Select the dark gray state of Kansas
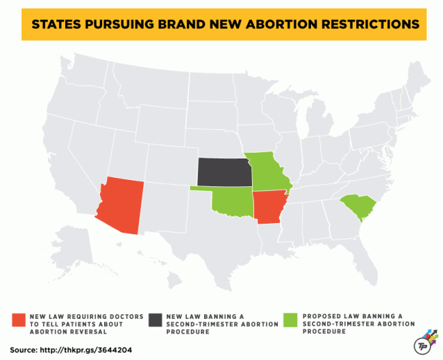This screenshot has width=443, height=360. (224, 172)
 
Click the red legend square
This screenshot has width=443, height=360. (19, 320)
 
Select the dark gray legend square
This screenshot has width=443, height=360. (155, 320)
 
